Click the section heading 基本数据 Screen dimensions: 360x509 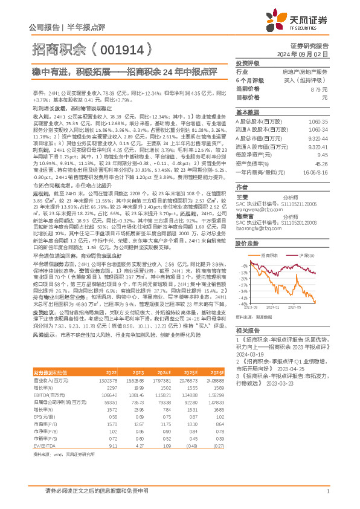tap(247, 113)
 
